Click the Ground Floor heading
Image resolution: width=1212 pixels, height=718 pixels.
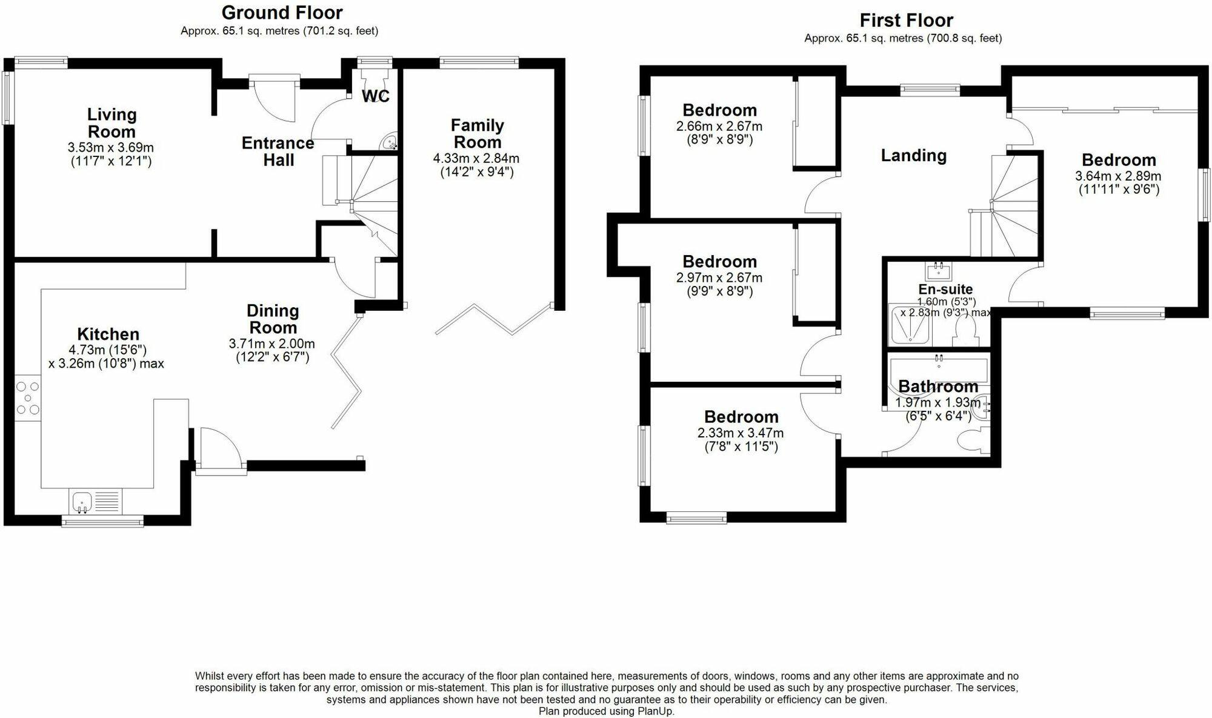tap(282, 13)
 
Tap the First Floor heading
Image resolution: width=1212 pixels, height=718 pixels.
tap(906, 21)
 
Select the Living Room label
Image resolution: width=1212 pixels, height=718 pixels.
tap(112, 123)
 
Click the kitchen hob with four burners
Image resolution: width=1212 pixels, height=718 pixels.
tap(28, 398)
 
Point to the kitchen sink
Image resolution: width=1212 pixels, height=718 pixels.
tap(82, 502)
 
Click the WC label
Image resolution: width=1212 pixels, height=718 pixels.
tap(376, 96)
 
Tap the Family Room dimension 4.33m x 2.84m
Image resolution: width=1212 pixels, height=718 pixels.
tap(476, 159)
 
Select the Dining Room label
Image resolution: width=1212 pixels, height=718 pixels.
tap(273, 319)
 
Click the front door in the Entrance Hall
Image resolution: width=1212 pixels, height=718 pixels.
tap(274, 97)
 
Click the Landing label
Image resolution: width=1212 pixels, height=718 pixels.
tap(913, 156)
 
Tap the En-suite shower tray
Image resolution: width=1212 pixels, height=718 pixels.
tap(910, 325)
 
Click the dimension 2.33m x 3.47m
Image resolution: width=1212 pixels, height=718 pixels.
tap(741, 433)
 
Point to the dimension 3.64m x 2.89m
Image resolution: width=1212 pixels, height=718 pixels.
tap(1118, 176)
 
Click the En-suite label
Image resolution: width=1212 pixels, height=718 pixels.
tap(945, 290)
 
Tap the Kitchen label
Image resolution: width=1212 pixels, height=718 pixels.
tap(108, 334)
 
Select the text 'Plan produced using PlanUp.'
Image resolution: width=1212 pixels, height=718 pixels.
tap(606, 711)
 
